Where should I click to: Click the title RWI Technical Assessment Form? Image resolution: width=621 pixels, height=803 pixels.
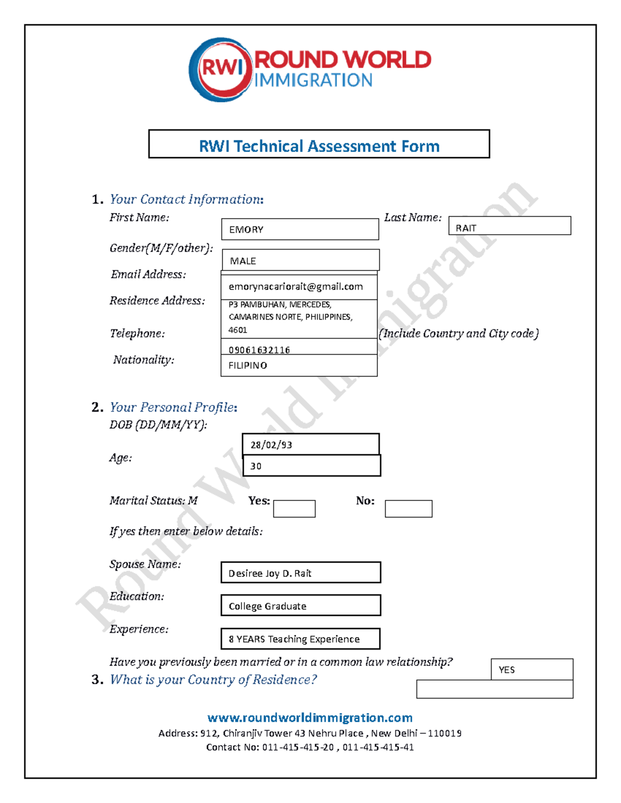[x=319, y=146]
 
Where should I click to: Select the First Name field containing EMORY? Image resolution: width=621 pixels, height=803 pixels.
[x=300, y=229]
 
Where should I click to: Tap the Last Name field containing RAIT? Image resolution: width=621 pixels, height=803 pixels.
[x=509, y=226]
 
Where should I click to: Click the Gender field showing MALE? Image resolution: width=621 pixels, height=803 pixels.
[x=300, y=260]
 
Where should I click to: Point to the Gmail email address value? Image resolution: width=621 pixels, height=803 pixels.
[x=295, y=286]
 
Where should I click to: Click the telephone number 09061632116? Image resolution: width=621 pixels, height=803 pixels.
[x=259, y=350]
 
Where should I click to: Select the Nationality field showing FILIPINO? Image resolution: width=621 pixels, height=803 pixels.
[x=299, y=365]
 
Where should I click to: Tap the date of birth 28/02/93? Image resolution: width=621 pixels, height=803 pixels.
[x=310, y=444]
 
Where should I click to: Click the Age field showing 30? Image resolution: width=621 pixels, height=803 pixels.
[x=312, y=465]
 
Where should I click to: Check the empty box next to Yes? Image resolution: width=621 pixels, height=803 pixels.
[x=294, y=508]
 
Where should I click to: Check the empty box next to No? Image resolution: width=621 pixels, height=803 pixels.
[x=408, y=508]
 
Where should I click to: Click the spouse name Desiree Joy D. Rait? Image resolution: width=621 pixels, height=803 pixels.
[x=301, y=572]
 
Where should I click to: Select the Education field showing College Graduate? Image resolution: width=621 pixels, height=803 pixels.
[x=301, y=605]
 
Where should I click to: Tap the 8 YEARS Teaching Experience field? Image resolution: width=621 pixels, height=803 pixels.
[x=300, y=639]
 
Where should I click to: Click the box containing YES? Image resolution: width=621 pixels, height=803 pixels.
[x=531, y=669]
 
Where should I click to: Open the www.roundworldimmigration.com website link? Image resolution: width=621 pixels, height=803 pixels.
[x=310, y=717]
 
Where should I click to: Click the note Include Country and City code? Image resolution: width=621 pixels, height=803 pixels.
[x=459, y=334]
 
